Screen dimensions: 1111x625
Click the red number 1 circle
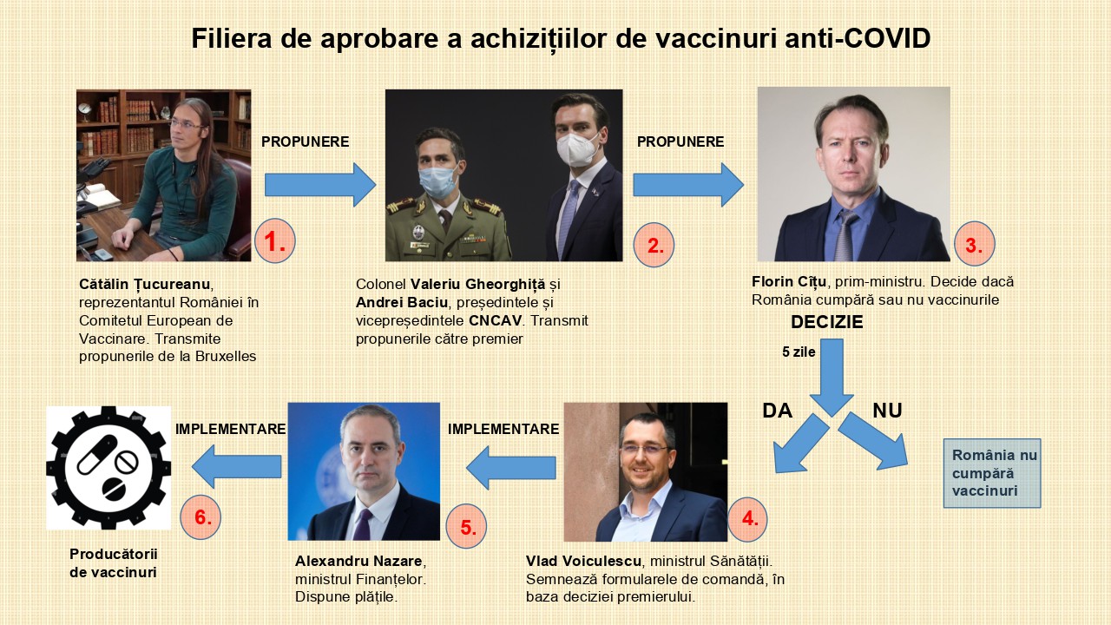[x=275, y=241]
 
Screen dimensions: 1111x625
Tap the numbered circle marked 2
[x=654, y=245]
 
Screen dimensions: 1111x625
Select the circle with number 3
[x=975, y=244]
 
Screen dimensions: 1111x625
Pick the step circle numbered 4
[x=746, y=519]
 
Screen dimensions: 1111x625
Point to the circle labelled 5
[x=466, y=526]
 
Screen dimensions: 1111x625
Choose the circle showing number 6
[x=201, y=516]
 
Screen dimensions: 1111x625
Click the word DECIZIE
[x=827, y=322]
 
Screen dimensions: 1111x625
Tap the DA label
[x=777, y=411]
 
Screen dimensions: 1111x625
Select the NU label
[x=887, y=411]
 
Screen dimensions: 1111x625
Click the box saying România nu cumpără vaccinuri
[x=992, y=473]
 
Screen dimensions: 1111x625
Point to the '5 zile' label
[x=799, y=352]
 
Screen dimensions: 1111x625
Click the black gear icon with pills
[x=108, y=468]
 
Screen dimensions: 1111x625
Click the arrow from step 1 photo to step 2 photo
[x=320, y=185]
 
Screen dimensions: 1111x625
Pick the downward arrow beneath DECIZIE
[x=832, y=378]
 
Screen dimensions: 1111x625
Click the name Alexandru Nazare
[x=358, y=561]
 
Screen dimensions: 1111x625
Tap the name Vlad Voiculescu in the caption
[x=584, y=561]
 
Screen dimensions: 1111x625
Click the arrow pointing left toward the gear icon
[x=237, y=466]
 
